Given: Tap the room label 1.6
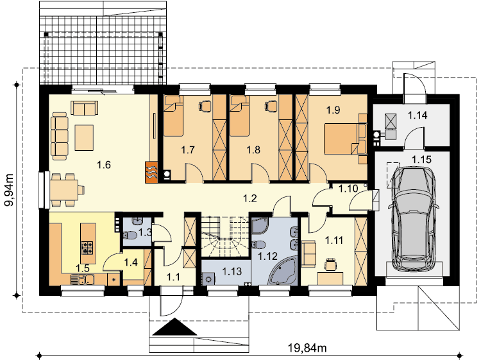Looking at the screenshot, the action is click(x=104, y=165).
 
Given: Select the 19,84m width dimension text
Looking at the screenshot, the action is click(x=307, y=348).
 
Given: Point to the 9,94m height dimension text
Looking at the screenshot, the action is click(x=9, y=190).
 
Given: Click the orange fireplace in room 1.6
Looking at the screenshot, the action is click(x=151, y=172).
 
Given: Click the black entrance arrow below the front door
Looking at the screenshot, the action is click(x=174, y=327).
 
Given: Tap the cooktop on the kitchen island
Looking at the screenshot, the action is click(x=87, y=248).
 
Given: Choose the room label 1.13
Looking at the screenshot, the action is click(x=232, y=271).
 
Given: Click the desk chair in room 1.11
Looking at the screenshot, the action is click(x=330, y=264).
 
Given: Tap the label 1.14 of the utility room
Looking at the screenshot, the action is click(x=418, y=116).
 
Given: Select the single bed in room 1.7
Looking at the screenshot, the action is click(x=173, y=116).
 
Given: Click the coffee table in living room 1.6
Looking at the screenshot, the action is click(x=84, y=137).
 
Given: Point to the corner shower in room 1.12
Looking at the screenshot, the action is click(x=260, y=227).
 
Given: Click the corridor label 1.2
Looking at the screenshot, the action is click(x=250, y=198).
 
